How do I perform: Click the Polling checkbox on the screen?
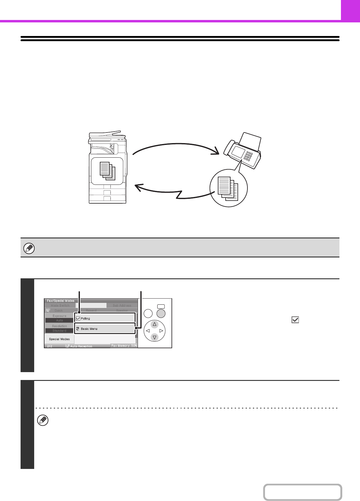pos(78,319)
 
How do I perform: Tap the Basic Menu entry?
pos(89,329)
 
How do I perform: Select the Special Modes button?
pos(59,339)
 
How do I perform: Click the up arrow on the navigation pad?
pos(155,324)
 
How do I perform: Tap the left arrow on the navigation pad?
pos(148,331)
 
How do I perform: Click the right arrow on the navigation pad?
pos(161,331)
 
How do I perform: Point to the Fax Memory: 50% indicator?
pos(124,345)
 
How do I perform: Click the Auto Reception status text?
pos(81,346)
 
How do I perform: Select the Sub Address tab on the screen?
pos(122,306)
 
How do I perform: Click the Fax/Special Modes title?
pos(61,301)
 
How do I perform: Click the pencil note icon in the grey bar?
pos(29,248)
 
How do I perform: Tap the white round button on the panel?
pos(148,313)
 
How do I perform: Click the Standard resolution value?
pos(59,331)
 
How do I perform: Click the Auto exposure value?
pos(59,320)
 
